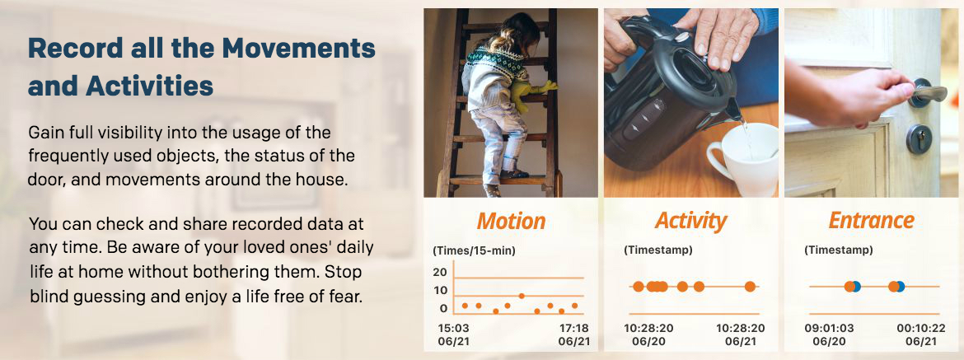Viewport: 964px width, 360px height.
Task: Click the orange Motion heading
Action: coord(511,220)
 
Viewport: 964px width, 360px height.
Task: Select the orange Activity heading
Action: coord(690,220)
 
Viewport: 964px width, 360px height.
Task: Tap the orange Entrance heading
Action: coord(871,220)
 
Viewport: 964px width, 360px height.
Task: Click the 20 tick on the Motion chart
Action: coord(440,272)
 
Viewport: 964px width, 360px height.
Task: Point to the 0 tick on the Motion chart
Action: coord(443,308)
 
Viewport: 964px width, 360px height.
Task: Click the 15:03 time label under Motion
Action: coord(452,328)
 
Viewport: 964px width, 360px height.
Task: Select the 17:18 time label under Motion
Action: coord(574,328)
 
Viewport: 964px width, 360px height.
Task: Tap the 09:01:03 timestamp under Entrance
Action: coord(829,328)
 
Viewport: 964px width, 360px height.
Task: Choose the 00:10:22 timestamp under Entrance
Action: coord(912,328)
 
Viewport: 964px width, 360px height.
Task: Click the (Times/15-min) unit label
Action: coord(474,250)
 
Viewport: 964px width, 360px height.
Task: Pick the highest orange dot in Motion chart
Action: coord(522,296)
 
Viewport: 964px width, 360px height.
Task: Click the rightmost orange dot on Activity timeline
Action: coord(750,287)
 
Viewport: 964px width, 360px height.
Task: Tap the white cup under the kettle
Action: coord(743,159)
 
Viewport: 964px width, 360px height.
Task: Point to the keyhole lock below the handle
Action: coord(919,139)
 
